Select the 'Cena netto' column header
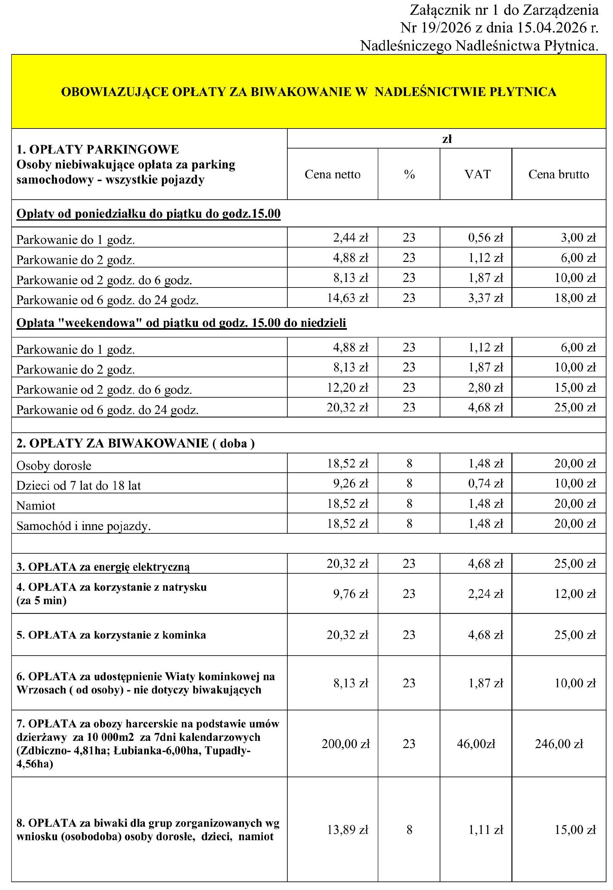click(x=333, y=174)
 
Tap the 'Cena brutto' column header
click(x=559, y=174)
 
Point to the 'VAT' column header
click(x=477, y=174)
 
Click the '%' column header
click(x=409, y=174)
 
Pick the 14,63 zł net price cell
click(x=347, y=298)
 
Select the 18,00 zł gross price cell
click(x=575, y=298)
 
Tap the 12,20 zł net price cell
click(x=347, y=387)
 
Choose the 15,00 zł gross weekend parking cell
click(x=575, y=387)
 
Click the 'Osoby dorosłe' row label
click(x=54, y=466)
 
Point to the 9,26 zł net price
click(x=350, y=483)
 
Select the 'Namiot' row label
click(x=36, y=506)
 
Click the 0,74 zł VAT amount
click(x=485, y=483)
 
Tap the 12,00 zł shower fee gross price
click(x=575, y=594)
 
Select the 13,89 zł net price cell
click(x=347, y=830)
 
